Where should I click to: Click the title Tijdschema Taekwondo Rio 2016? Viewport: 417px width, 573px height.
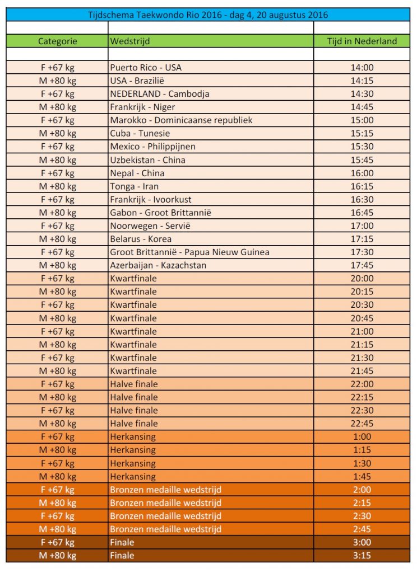point(208,15)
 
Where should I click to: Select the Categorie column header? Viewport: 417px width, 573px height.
point(57,41)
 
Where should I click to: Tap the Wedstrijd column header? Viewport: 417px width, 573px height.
point(130,41)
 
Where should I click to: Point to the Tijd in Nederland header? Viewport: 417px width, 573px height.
point(362,41)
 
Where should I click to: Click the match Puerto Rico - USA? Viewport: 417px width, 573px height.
point(146,68)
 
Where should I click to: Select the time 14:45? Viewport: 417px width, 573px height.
point(362,107)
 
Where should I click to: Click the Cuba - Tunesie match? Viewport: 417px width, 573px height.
point(140,133)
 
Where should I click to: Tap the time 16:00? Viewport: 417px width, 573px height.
point(362,173)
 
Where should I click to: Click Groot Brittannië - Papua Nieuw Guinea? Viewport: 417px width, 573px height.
point(189,252)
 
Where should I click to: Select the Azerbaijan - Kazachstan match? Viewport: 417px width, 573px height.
point(158,265)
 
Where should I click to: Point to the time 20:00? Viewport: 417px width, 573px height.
point(362,279)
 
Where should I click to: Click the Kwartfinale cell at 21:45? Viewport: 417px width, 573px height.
point(133,371)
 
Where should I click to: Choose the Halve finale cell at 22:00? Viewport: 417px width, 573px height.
point(134,384)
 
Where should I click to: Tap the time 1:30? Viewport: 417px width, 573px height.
point(362,463)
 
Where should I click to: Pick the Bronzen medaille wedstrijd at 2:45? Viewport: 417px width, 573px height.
point(165,529)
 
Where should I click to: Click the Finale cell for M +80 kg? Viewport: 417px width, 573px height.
point(122,556)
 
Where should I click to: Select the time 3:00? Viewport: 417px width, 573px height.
point(362,542)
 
